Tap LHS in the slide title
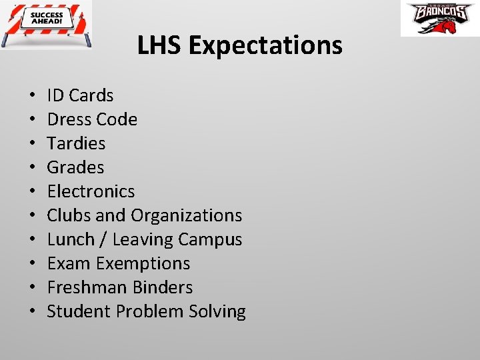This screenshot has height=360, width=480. [x=160, y=46]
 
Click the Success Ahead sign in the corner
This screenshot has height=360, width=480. [x=47, y=25]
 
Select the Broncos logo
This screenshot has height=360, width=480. [x=440, y=19]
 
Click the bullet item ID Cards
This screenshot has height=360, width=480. [x=80, y=96]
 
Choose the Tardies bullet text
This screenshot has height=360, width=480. [x=76, y=144]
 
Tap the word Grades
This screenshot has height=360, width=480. [x=75, y=168]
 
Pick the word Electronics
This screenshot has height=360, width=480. [x=91, y=192]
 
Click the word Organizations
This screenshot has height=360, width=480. [x=187, y=216]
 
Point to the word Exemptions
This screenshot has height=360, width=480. [x=143, y=264]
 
